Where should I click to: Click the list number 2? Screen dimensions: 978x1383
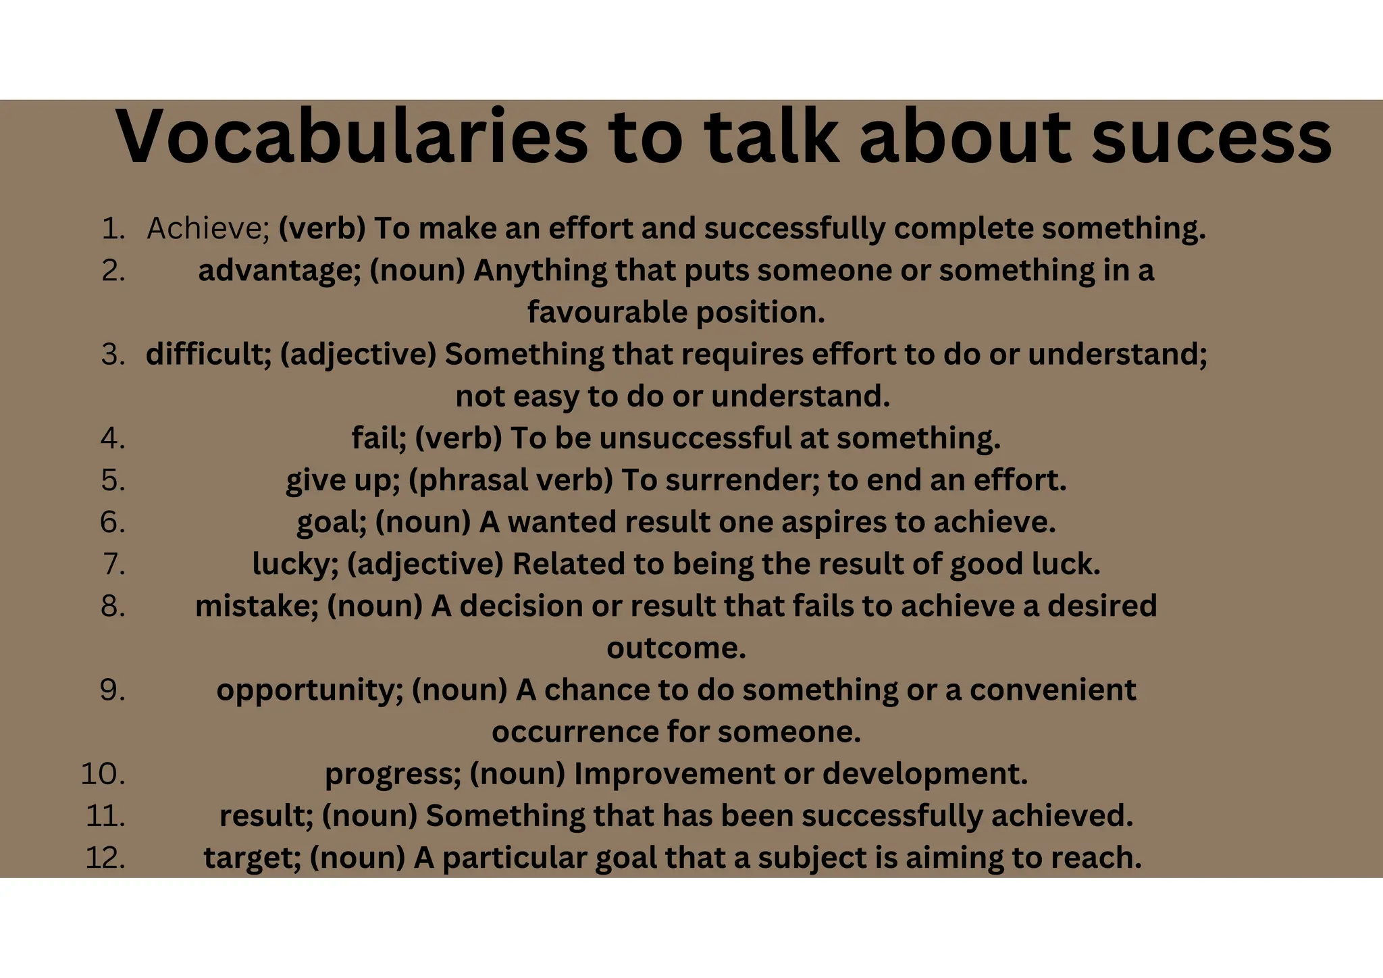click(113, 270)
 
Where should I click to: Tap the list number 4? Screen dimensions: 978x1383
click(113, 438)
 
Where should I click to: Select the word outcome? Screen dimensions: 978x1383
click(676, 648)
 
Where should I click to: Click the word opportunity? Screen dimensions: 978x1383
click(309, 690)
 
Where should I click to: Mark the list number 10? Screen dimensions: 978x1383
click(103, 773)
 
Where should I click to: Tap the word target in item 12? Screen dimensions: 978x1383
click(253, 857)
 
